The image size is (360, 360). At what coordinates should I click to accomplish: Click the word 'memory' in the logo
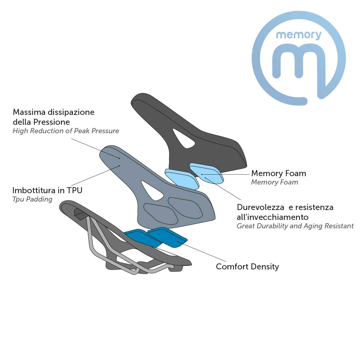(x=298, y=35)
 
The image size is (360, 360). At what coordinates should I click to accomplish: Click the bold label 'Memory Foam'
(x=278, y=173)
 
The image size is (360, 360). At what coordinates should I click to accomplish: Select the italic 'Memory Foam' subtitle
(x=274, y=182)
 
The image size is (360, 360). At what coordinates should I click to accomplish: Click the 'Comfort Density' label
(x=247, y=267)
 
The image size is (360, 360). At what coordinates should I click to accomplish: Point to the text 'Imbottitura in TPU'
(x=47, y=190)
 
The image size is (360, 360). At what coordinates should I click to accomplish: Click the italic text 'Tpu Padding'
(x=32, y=199)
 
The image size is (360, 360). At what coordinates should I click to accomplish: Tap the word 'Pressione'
(x=54, y=122)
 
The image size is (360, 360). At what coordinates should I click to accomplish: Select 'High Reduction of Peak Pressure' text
(x=66, y=131)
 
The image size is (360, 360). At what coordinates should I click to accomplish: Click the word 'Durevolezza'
(x=260, y=207)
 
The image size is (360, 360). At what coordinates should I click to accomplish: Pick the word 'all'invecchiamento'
(x=273, y=217)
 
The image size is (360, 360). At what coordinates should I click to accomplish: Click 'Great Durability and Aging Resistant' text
(x=295, y=226)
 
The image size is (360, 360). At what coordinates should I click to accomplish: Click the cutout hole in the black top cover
(x=184, y=138)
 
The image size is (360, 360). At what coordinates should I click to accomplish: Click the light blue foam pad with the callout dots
(x=206, y=174)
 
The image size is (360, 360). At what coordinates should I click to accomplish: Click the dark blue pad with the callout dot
(x=168, y=237)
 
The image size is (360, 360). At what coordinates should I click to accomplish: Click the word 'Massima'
(x=29, y=112)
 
